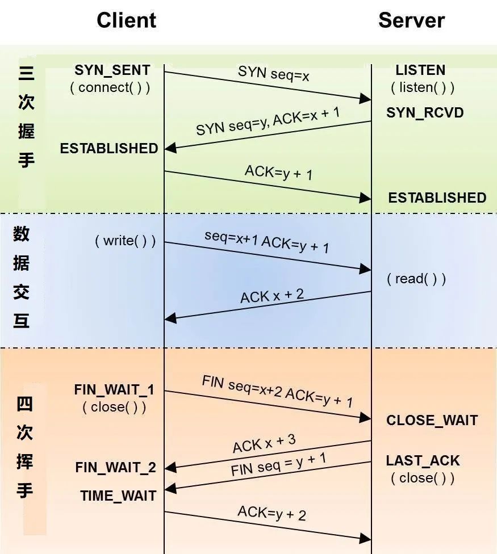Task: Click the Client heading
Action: click(126, 20)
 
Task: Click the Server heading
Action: click(411, 20)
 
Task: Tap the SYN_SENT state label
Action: click(112, 70)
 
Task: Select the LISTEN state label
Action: click(420, 70)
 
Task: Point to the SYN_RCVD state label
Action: click(425, 112)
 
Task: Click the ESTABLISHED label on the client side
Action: click(109, 148)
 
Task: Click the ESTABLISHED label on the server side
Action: click(437, 198)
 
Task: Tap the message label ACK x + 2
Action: click(272, 296)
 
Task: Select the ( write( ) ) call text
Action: click(125, 241)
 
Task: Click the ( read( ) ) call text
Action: click(416, 279)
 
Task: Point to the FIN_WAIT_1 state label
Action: click(114, 390)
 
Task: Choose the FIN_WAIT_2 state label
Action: click(115, 468)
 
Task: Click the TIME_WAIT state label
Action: click(118, 496)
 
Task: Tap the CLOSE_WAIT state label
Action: click(432, 421)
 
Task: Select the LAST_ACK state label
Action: click(423, 460)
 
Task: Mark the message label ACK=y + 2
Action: click(272, 513)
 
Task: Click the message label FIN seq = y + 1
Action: click(278, 464)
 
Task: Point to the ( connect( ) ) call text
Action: click(110, 87)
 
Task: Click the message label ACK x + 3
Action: click(264, 443)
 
